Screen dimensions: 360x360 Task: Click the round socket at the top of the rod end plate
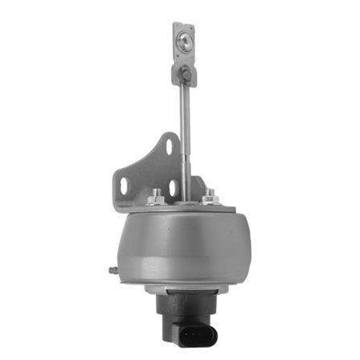[x=186, y=38]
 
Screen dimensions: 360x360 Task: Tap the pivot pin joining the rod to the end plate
[x=185, y=75]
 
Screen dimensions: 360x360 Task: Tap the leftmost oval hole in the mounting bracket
[x=123, y=185]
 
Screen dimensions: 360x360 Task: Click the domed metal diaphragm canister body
[x=177, y=241]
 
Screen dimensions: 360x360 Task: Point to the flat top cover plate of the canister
[x=181, y=207]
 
